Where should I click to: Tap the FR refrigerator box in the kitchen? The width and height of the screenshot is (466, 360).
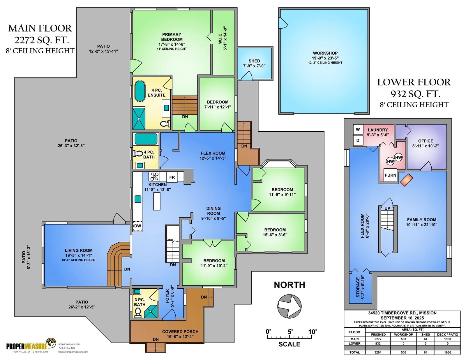pyautogui.click(x=172, y=177)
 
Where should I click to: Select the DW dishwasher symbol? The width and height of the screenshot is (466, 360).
pyautogui.click(x=138, y=226)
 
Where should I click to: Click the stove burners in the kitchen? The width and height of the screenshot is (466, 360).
pyautogui.click(x=154, y=177)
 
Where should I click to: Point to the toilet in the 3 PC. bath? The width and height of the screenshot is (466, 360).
pyautogui.click(x=138, y=313)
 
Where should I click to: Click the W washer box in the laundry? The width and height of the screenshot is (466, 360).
pyautogui.click(x=358, y=130)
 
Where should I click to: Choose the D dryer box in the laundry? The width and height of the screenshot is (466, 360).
pyautogui.click(x=358, y=140)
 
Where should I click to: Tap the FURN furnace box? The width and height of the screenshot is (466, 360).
pyautogui.click(x=390, y=175)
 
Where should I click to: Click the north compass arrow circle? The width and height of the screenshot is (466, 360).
pyautogui.click(x=289, y=306)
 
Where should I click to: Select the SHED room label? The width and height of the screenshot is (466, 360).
pyautogui.click(x=254, y=61)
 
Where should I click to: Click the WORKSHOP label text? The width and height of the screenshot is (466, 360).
pyautogui.click(x=325, y=53)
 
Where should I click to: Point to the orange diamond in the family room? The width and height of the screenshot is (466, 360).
pyautogui.click(x=405, y=180)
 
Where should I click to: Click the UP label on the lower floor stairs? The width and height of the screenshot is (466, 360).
pyautogui.click(x=387, y=209)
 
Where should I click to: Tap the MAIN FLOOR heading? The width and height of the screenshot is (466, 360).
pyautogui.click(x=40, y=28)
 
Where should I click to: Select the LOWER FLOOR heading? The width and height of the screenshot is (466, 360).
pyautogui.click(x=414, y=82)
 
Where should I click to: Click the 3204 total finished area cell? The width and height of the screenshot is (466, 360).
pyautogui.click(x=378, y=352)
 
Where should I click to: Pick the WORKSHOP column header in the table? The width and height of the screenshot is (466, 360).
pyautogui.click(x=403, y=334)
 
